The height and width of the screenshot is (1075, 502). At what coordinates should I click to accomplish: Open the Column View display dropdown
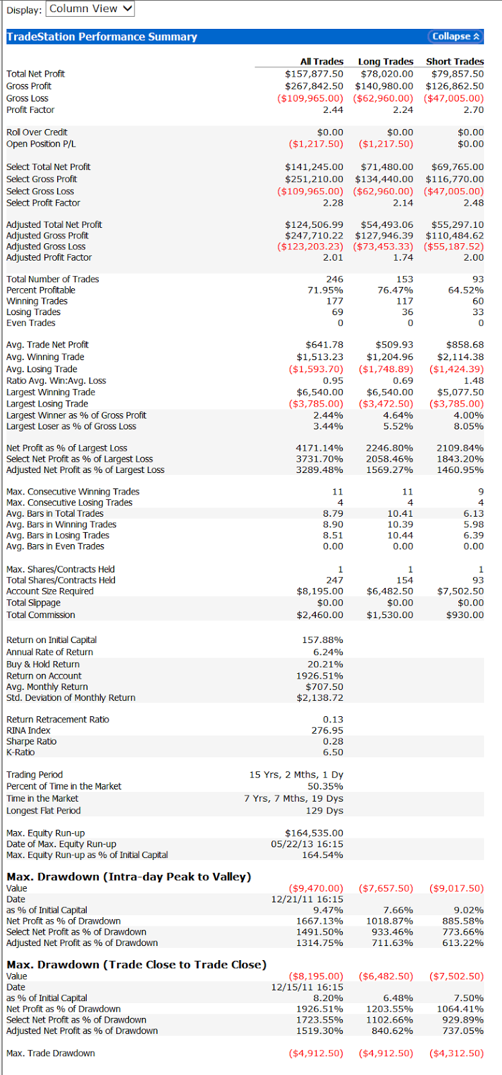pyautogui.click(x=90, y=9)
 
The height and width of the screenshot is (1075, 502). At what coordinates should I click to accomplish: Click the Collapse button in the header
pyautogui.click(x=456, y=36)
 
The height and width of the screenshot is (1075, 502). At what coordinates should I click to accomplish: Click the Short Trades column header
pyautogui.click(x=454, y=61)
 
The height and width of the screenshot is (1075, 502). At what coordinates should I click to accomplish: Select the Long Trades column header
pyautogui.click(x=385, y=61)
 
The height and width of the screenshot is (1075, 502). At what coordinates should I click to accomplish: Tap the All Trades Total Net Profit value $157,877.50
pyautogui.click(x=314, y=74)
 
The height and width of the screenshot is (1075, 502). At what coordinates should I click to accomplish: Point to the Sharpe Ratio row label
pyautogui.click(x=31, y=742)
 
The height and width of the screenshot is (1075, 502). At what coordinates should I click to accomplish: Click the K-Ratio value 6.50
pyautogui.click(x=333, y=752)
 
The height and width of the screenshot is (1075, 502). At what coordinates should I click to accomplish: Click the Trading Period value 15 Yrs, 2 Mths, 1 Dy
pyautogui.click(x=296, y=775)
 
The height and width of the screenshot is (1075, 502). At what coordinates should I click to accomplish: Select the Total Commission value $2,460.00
pyautogui.click(x=320, y=615)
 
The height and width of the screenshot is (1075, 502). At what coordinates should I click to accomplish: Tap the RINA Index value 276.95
pyautogui.click(x=327, y=730)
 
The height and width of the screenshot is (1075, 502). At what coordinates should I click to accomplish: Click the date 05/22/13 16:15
pyautogui.click(x=307, y=844)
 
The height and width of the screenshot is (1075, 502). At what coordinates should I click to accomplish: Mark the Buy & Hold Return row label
pyautogui.click(x=43, y=664)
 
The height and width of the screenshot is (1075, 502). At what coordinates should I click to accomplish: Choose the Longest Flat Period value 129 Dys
pyautogui.click(x=325, y=810)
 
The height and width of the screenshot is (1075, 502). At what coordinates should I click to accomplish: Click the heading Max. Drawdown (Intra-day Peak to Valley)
pyautogui.click(x=128, y=877)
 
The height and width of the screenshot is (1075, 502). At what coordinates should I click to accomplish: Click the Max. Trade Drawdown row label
pyautogui.click(x=50, y=1053)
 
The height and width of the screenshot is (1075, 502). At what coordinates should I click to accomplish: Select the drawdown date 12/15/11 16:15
pyautogui.click(x=307, y=987)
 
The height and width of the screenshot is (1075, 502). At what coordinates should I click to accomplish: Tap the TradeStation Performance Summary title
pyautogui.click(x=101, y=37)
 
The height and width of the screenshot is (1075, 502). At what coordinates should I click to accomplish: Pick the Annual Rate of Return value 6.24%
pyautogui.click(x=328, y=652)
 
